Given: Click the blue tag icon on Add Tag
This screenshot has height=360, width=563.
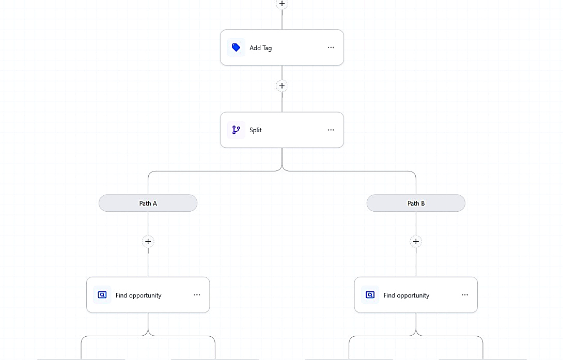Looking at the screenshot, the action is (236, 48).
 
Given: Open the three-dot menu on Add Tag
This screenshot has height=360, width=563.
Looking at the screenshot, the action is (331, 48).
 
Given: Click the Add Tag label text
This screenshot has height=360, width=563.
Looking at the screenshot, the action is (261, 48).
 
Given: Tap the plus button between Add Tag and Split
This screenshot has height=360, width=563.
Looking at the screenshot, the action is (282, 86).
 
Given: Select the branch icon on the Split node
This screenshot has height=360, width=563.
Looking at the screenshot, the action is (236, 130).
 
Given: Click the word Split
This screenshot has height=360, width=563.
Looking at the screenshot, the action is (256, 130).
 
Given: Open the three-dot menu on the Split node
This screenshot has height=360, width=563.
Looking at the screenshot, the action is (331, 130).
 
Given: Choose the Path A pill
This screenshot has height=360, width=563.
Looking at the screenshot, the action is (148, 203).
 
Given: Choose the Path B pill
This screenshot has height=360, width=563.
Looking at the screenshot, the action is (416, 203).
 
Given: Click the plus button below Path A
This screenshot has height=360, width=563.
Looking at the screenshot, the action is (148, 241).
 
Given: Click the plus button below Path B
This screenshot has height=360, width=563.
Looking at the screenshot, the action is (416, 241).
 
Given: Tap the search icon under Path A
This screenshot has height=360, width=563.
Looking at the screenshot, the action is (102, 295).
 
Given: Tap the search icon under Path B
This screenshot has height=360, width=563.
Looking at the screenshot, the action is (370, 295).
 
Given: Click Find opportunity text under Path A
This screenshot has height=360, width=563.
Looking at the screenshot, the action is (138, 295).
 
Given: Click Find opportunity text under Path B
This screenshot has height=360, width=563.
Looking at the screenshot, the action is (406, 295).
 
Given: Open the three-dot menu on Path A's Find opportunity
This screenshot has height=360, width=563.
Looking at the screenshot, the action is (197, 295).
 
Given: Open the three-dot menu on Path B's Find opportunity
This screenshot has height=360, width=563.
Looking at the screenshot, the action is (465, 295).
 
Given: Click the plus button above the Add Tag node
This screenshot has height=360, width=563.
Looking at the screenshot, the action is (282, 4).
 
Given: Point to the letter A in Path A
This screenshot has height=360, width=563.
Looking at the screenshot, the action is (155, 203).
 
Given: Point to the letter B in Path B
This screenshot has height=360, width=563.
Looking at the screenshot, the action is (423, 203).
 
